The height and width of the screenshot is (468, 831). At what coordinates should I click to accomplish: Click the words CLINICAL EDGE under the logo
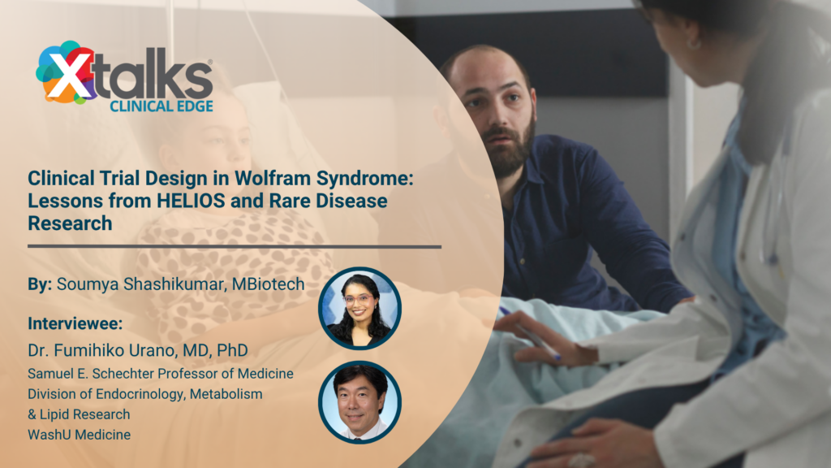[161, 106]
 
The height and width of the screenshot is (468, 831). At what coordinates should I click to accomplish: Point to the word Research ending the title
[70, 223]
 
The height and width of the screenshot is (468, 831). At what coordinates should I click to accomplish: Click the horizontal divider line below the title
[235, 247]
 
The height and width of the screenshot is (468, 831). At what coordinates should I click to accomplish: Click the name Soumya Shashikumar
[140, 284]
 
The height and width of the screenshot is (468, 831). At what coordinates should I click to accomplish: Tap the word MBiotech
[268, 284]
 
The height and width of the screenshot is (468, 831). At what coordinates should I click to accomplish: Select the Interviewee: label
[75, 323]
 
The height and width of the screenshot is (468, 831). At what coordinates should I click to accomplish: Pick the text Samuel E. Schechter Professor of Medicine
[161, 374]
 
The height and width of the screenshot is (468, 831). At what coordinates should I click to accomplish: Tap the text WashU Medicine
[79, 435]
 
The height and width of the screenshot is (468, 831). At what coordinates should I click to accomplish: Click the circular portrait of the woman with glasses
[360, 308]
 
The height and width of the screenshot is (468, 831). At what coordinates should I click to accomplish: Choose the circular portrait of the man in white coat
[360, 402]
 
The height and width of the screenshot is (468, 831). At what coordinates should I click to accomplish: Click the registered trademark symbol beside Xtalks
[210, 62]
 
